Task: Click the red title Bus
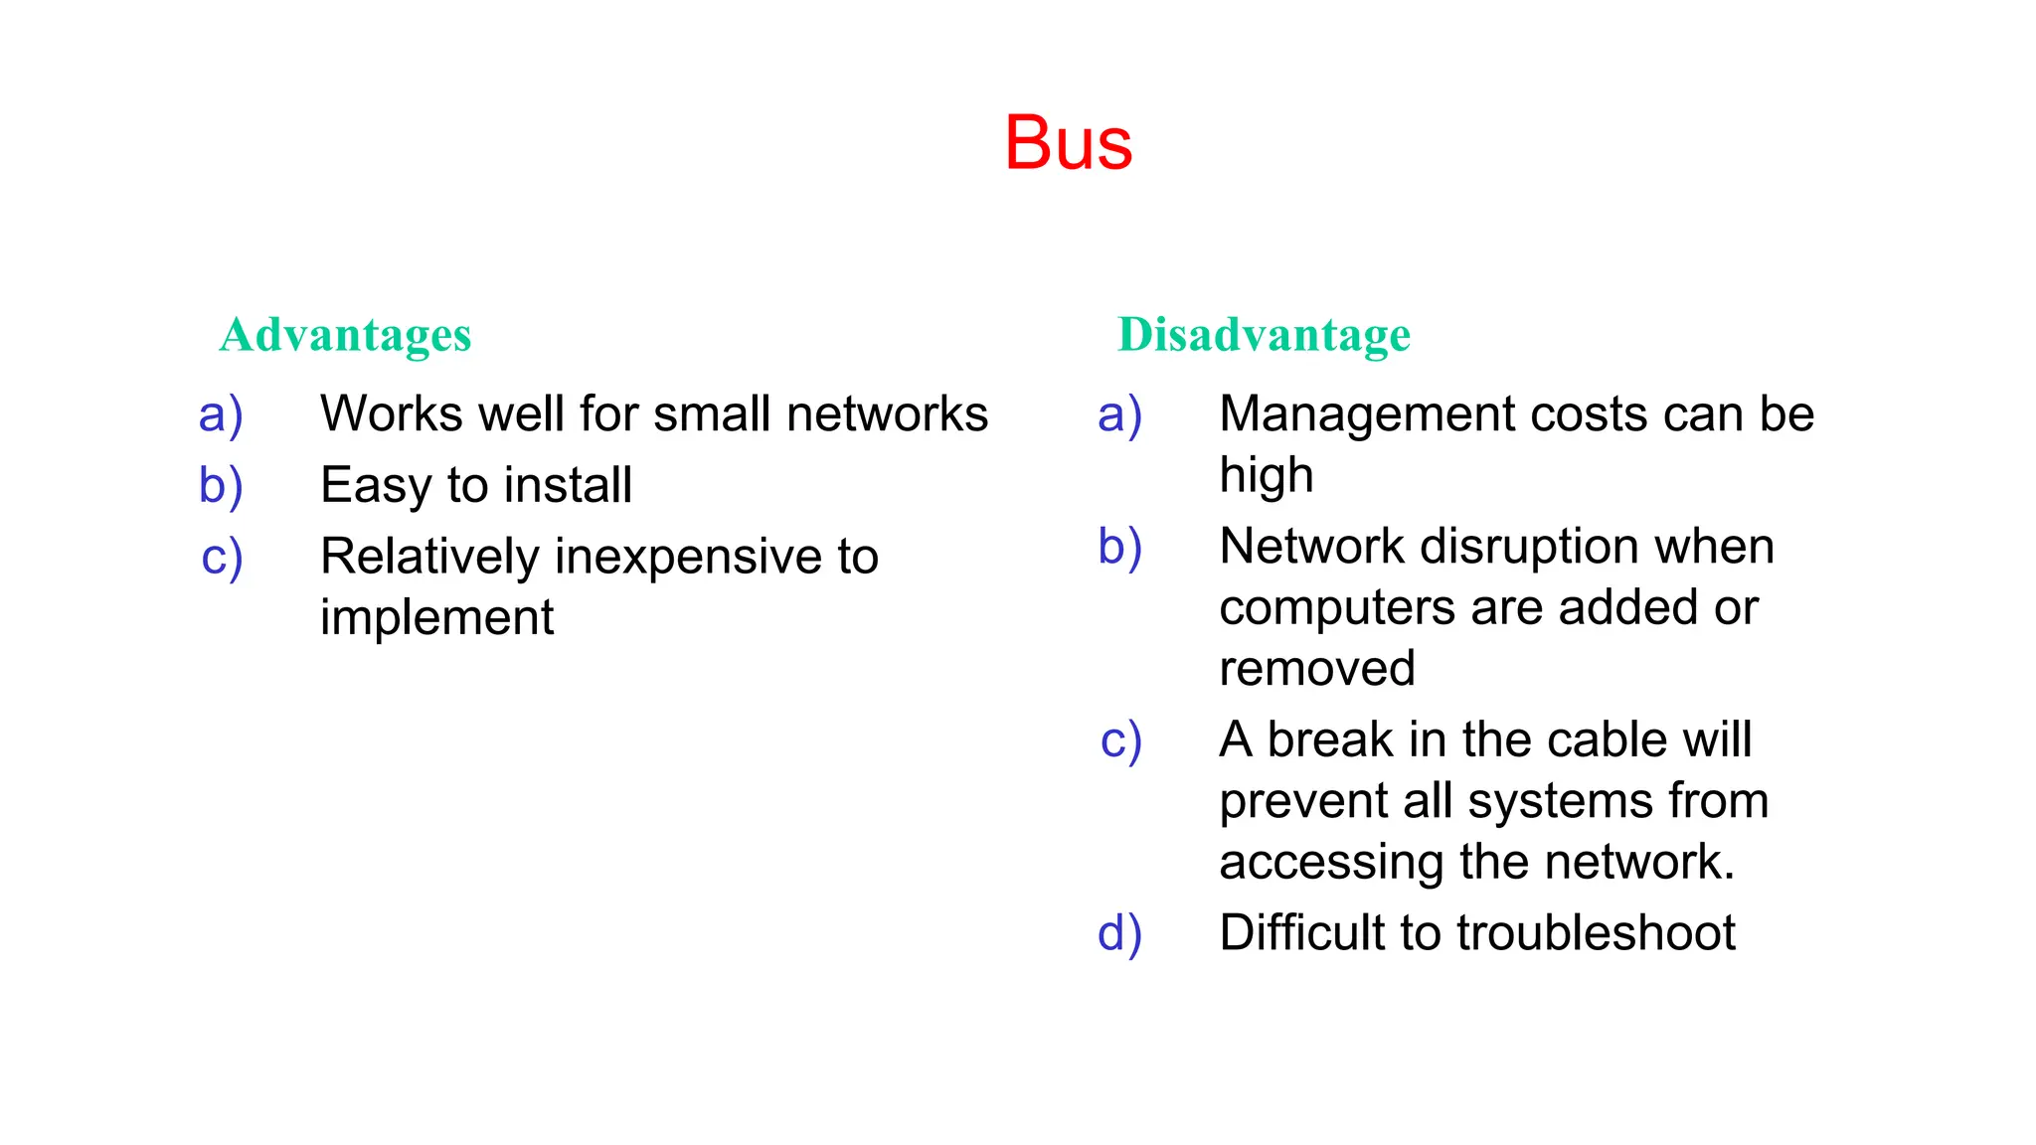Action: point(1068,143)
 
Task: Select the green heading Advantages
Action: point(345,335)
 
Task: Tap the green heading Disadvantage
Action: point(1264,335)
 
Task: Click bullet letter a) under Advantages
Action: point(221,414)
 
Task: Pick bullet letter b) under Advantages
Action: point(221,486)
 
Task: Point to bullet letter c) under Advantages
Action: point(222,558)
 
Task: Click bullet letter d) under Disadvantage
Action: point(1119,934)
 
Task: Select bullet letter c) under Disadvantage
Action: point(1121,741)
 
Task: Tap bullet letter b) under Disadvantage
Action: point(1119,548)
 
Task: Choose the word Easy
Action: point(376,487)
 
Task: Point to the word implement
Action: point(436,619)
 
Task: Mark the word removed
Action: point(1316,669)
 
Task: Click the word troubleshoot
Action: point(1596,933)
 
